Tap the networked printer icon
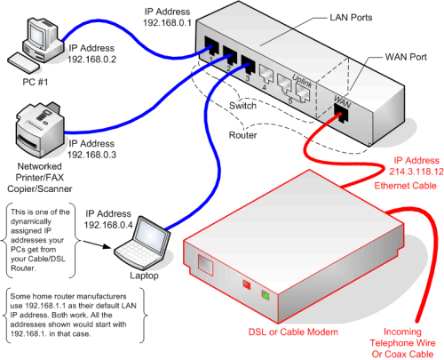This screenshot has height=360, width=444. (x=37, y=132)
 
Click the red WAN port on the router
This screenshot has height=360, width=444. (x=340, y=111)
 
